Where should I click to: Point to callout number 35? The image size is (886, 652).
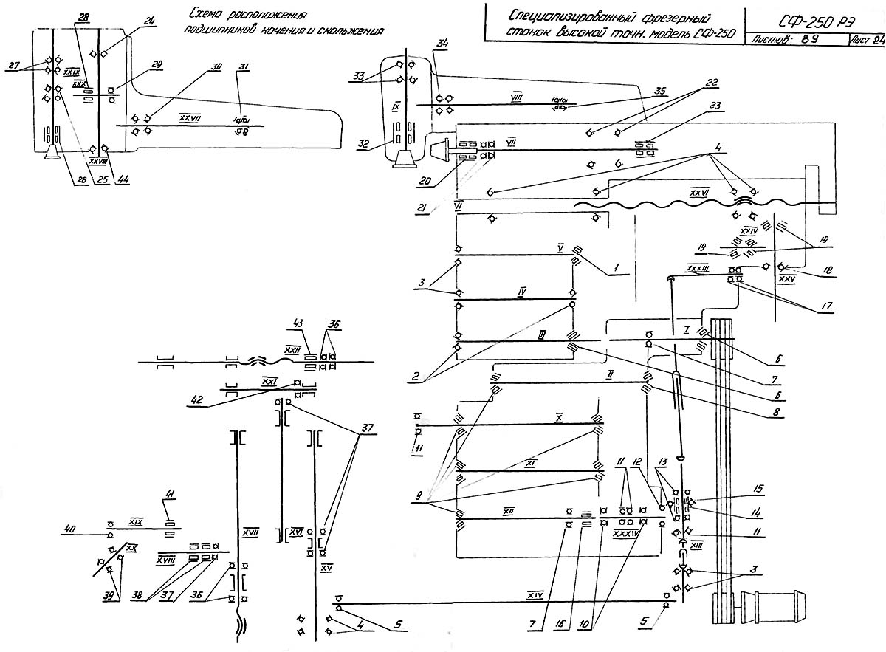(660, 92)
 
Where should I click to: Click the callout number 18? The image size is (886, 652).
(827, 272)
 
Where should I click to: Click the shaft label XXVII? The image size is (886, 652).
(190, 116)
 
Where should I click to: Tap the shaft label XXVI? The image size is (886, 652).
(698, 192)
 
